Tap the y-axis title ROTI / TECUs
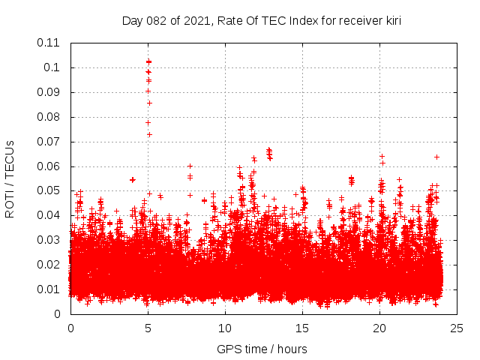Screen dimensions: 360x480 [10, 178]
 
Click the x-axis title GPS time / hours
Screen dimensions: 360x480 [261, 349]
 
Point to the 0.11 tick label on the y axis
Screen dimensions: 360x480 [49, 43]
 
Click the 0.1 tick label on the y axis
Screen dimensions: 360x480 [52, 67]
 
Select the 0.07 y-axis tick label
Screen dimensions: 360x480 [49, 141]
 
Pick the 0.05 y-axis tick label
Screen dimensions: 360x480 [49, 190]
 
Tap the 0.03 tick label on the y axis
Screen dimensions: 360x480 [49, 240]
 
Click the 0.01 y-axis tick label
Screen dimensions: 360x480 [49, 289]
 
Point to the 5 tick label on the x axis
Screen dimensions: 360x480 [148, 328]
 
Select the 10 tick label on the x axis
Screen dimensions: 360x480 [225, 328]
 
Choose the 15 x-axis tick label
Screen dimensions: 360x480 [302, 328]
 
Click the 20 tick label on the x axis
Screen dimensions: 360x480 [379, 328]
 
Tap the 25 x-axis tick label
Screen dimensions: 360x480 [457, 328]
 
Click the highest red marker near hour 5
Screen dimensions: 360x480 [148, 61]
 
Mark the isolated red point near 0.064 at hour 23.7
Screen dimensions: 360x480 [436, 157]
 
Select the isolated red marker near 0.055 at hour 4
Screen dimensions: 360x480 [133, 179]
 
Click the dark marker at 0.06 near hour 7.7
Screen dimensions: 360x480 [190, 166]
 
